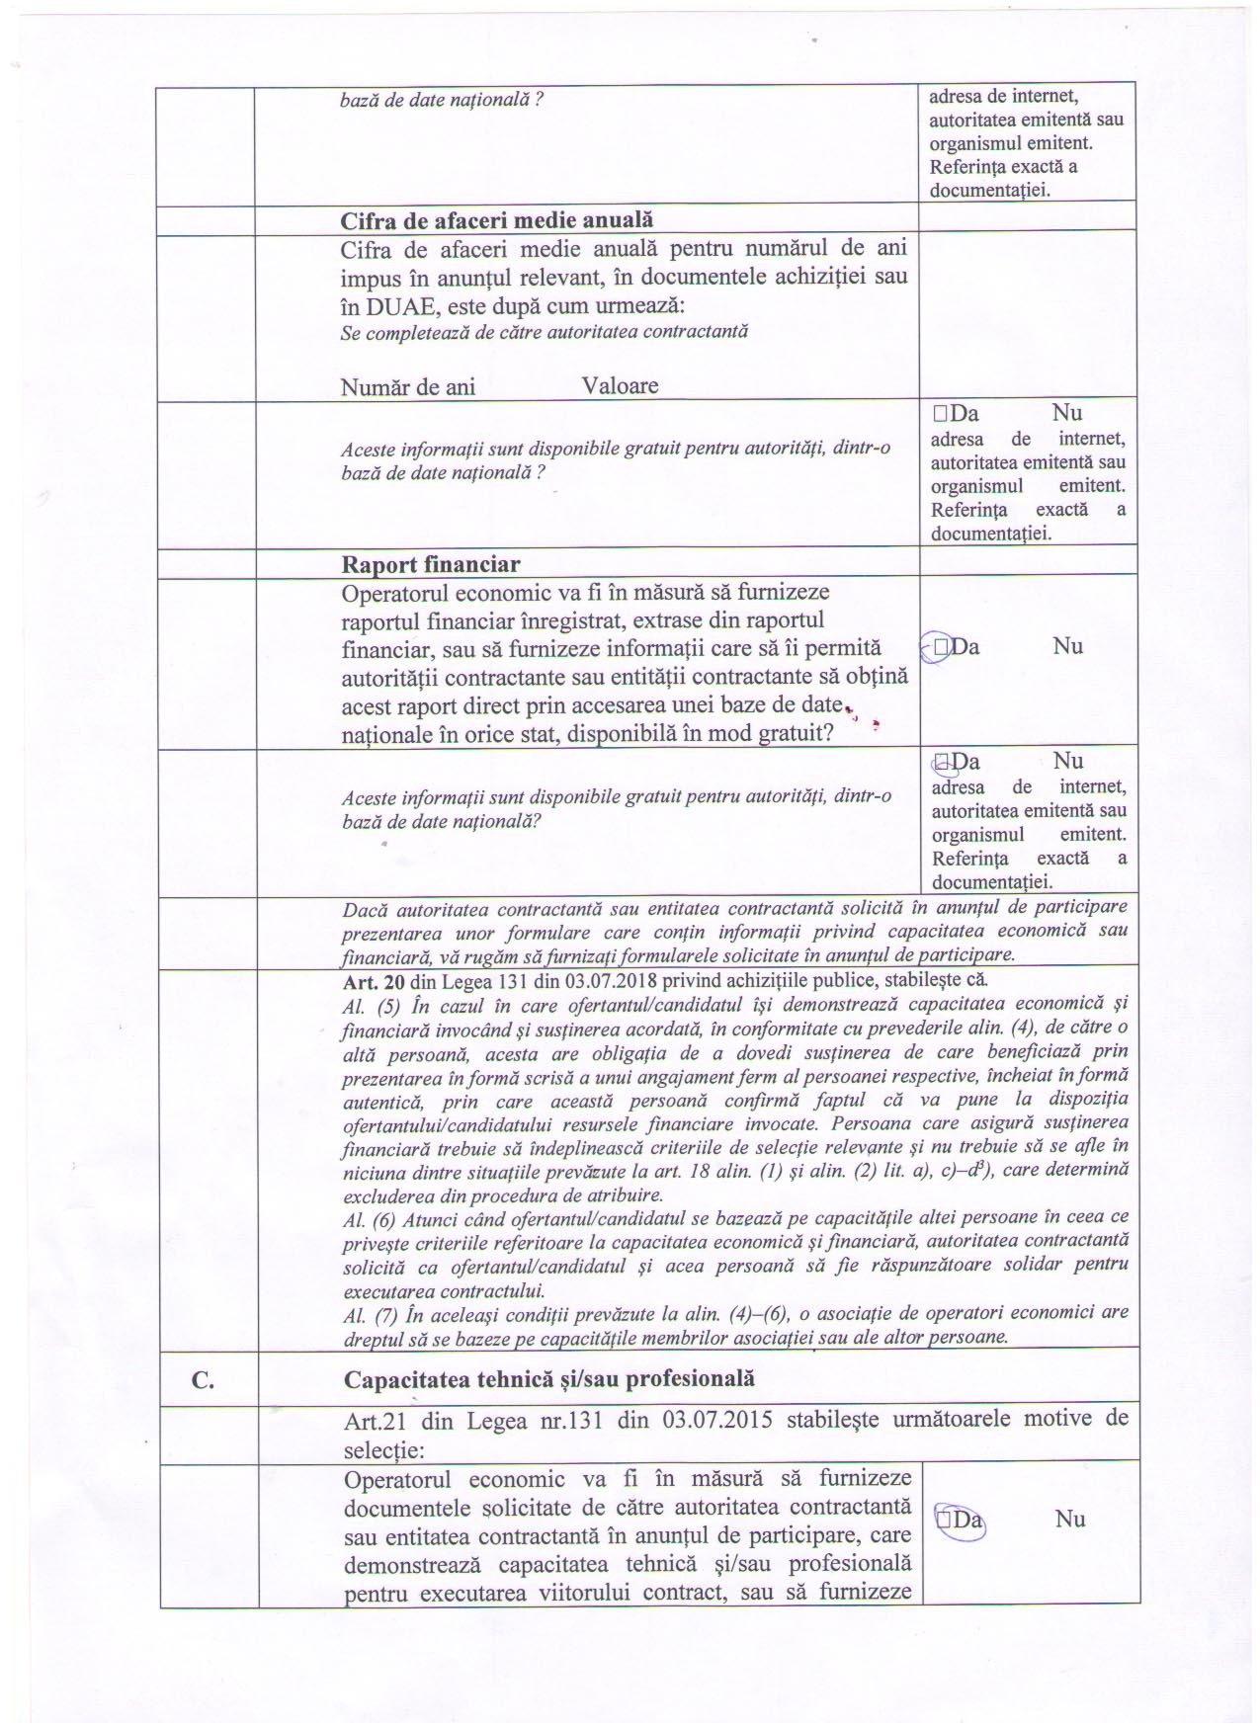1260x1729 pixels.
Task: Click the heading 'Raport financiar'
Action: coord(431,564)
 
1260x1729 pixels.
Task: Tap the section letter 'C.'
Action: coord(203,1380)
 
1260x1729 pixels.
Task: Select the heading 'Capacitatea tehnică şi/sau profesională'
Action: coord(548,1378)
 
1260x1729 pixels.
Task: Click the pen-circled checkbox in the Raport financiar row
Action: coord(940,646)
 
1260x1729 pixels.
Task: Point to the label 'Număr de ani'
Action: coord(407,386)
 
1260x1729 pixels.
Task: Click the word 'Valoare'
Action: coord(620,385)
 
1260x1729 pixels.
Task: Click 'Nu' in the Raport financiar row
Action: coord(1067,646)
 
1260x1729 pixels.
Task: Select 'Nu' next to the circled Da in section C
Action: coord(1069,1519)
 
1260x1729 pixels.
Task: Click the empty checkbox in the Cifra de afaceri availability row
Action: coord(939,414)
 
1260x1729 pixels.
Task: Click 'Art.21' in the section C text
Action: coord(375,1420)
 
